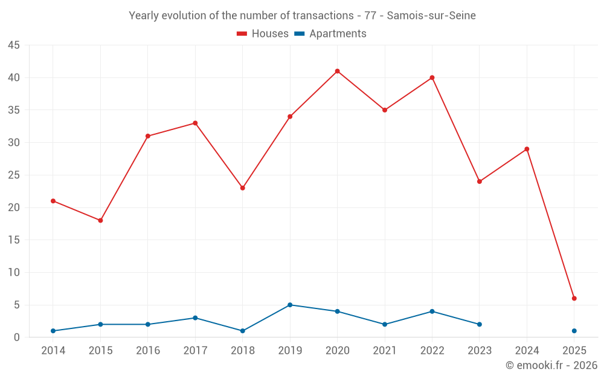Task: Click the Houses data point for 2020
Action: click(337, 71)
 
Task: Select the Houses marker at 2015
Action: click(100, 220)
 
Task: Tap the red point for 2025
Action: click(574, 298)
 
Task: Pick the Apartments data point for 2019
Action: click(290, 305)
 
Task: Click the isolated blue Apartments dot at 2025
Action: click(574, 331)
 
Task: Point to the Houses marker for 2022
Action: click(432, 77)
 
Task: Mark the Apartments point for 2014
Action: click(53, 331)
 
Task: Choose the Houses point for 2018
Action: click(242, 188)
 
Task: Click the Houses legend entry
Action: click(263, 34)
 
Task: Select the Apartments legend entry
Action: click(330, 34)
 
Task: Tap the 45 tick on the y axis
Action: click(14, 45)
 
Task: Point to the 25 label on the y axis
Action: click(14, 175)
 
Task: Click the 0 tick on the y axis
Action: click(17, 337)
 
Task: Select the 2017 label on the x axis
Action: click(195, 351)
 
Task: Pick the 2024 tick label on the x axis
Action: click(527, 351)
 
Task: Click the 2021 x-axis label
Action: click(385, 351)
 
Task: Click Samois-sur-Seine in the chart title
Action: click(431, 16)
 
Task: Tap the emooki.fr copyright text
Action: click(551, 365)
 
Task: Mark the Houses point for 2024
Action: click(527, 149)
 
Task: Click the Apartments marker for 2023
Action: click(480, 324)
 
